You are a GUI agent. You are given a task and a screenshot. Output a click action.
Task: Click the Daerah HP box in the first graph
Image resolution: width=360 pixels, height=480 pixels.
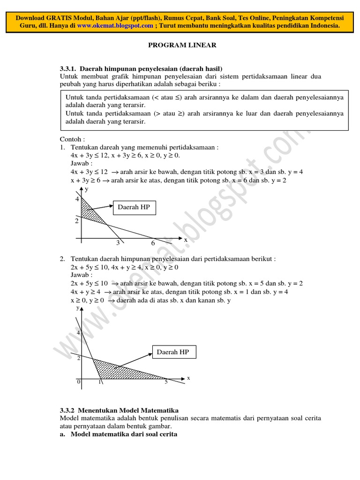tap(134, 207)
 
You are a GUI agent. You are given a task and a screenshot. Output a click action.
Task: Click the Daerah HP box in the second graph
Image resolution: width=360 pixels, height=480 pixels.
tap(172, 352)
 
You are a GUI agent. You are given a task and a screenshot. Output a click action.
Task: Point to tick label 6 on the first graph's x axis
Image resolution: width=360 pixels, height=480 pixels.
tap(153, 243)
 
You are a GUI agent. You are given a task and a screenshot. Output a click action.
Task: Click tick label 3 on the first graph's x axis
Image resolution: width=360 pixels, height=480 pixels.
tap(119, 243)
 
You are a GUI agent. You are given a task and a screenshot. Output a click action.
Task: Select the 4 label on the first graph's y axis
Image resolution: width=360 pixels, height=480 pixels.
tap(77, 199)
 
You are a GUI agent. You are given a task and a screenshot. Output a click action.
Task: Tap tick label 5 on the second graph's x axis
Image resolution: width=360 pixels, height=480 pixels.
tap(166, 382)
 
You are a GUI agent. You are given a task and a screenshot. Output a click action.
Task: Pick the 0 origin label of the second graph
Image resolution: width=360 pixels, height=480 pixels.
tap(79, 382)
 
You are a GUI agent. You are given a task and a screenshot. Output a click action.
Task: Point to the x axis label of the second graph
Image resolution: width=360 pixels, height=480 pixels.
tap(188, 377)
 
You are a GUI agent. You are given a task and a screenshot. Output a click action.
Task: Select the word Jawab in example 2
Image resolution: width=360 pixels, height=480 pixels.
tap(82, 275)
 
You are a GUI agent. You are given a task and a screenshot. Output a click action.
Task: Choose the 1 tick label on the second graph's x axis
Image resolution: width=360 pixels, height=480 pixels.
tap(99, 382)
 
